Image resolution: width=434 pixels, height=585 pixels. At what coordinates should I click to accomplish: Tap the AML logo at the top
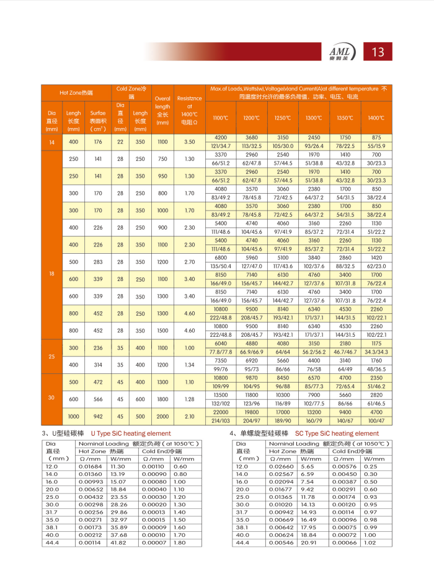click(x=342, y=53)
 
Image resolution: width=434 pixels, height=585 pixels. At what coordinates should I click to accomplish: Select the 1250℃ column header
click(x=282, y=118)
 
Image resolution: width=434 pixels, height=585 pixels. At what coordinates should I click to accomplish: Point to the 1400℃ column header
click(x=376, y=118)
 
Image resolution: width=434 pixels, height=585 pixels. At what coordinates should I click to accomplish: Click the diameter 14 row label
click(x=51, y=142)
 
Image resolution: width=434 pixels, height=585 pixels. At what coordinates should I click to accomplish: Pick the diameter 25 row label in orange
click(x=51, y=357)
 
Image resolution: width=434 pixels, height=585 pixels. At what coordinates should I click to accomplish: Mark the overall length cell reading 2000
click(x=162, y=417)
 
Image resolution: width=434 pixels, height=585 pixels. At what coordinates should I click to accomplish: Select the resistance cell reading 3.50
click(x=189, y=142)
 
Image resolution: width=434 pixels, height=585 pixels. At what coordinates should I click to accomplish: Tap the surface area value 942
click(x=97, y=417)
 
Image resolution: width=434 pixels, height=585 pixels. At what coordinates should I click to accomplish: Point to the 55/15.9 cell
click(x=376, y=146)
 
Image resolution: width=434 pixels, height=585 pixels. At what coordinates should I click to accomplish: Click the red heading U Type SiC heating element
click(x=130, y=433)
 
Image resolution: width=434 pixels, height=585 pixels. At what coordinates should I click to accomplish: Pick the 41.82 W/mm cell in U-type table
click(x=118, y=543)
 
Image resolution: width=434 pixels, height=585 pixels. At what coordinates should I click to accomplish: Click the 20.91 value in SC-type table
click(x=308, y=543)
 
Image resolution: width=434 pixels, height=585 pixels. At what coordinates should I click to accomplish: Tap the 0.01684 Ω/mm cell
click(x=90, y=466)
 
